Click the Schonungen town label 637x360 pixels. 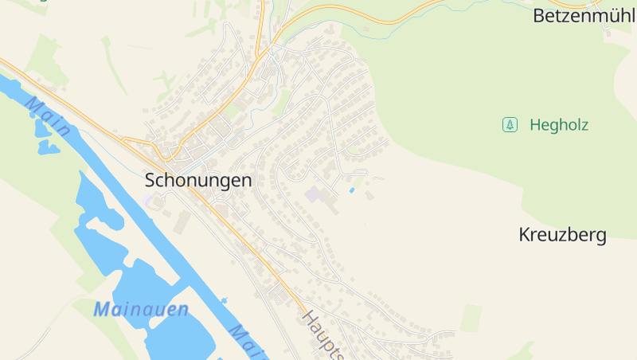pyautogui.click(x=198, y=181)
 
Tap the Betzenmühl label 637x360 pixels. pyautogui.click(x=584, y=15)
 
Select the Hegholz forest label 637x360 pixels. pyautogui.click(x=558, y=124)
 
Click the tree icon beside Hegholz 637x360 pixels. pyautogui.click(x=510, y=124)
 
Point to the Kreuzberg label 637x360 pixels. pyautogui.click(x=562, y=235)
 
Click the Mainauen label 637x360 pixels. pyautogui.click(x=140, y=310)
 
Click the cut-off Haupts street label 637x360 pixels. pyautogui.click(x=323, y=335)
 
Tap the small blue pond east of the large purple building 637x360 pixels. pyautogui.click(x=352, y=190)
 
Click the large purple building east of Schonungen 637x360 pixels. pyautogui.click(x=316, y=195)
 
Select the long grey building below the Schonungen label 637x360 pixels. pyautogui.click(x=183, y=222)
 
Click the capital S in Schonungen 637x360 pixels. pyautogui.click(x=150, y=181)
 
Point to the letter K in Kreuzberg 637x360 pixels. pyautogui.click(x=524, y=235)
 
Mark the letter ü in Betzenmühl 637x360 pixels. pyautogui.click(x=612, y=15)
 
